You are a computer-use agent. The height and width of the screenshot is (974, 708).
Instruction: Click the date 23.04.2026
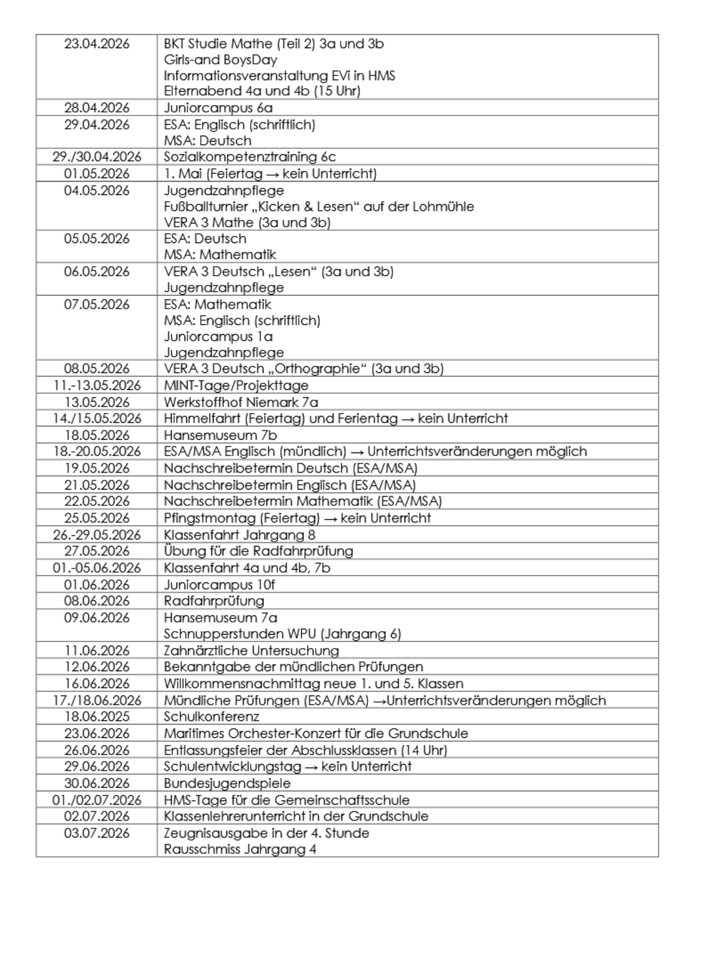(x=96, y=44)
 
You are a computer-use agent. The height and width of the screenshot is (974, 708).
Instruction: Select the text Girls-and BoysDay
(x=221, y=60)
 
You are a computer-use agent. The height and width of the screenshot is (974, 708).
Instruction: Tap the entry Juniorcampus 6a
(x=218, y=108)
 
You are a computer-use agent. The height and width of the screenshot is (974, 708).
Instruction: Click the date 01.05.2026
(x=96, y=173)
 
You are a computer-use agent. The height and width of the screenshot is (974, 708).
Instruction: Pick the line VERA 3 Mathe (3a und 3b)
(x=247, y=222)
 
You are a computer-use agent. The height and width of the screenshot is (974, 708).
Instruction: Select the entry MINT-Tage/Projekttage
(x=236, y=386)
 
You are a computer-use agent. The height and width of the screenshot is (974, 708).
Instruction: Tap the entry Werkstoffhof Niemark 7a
(x=241, y=402)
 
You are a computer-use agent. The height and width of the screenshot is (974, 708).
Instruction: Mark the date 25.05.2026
(x=96, y=518)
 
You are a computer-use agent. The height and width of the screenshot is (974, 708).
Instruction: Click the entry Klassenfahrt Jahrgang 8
(x=240, y=535)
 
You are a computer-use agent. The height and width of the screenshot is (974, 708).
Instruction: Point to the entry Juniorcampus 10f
(x=219, y=585)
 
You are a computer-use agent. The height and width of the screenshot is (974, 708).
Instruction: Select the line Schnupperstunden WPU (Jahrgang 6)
(x=282, y=634)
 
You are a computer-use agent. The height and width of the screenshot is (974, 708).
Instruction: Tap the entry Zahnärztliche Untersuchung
(x=251, y=651)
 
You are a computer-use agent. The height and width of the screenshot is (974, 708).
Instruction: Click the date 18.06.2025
(x=96, y=717)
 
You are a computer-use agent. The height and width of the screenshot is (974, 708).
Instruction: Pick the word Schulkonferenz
(x=211, y=717)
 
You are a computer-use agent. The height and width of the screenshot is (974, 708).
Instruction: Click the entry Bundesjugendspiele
(x=227, y=783)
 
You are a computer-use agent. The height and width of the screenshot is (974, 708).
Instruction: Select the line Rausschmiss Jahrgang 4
(x=240, y=850)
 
